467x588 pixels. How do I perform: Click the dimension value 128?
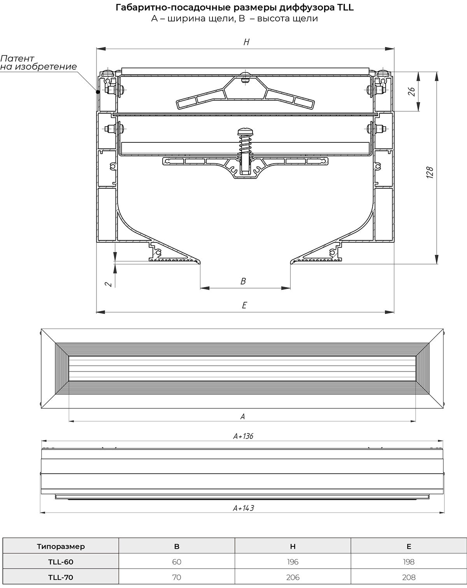(x=430, y=172)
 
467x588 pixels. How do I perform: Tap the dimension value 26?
(x=411, y=91)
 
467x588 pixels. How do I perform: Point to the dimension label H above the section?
(x=246, y=42)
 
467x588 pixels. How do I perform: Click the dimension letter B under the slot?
(x=243, y=281)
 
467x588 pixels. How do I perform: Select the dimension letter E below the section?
(x=244, y=305)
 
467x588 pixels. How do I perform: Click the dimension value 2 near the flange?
(x=109, y=284)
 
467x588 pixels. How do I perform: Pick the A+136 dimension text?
(x=243, y=436)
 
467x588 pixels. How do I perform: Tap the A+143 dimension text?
(x=243, y=508)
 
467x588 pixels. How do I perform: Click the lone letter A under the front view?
(x=242, y=416)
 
